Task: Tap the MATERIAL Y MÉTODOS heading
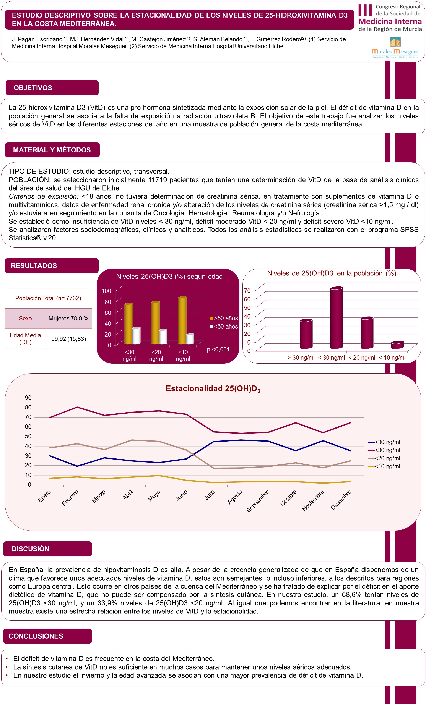(x=52, y=150)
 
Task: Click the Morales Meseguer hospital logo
(x=395, y=47)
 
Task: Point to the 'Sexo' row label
(x=25, y=318)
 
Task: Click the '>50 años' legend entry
(x=224, y=318)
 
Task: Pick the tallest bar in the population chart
(x=336, y=318)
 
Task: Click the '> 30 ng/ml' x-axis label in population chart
(x=301, y=358)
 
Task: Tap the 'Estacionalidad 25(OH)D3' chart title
(x=213, y=388)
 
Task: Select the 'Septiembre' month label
(x=258, y=501)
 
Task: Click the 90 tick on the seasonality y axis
(x=28, y=398)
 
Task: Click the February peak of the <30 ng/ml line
(x=77, y=407)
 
